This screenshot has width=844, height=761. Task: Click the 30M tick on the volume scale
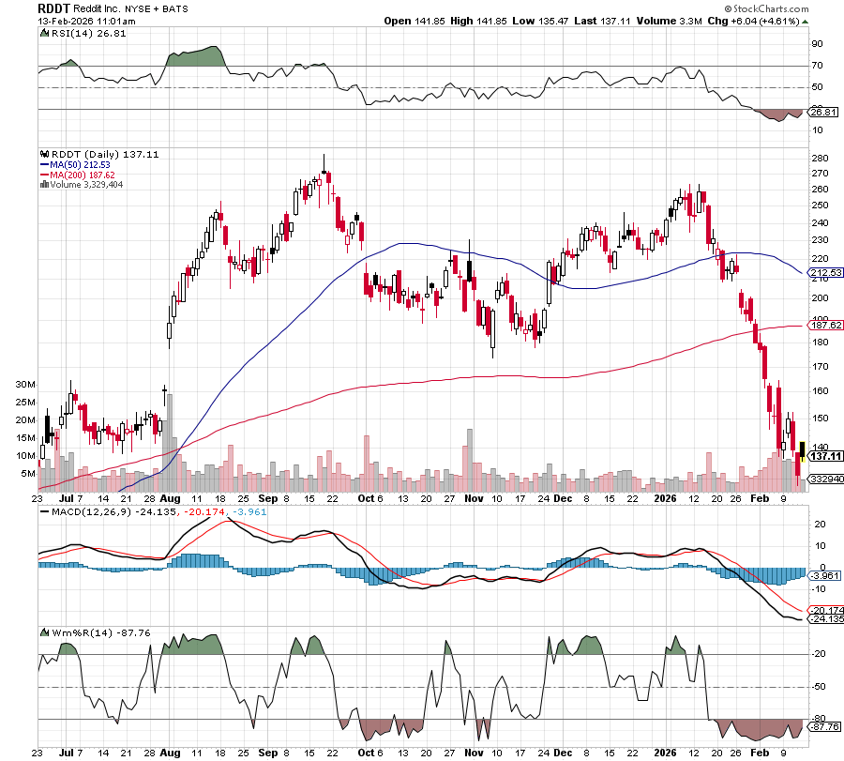(25, 385)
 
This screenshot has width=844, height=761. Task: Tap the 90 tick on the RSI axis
(817, 43)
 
